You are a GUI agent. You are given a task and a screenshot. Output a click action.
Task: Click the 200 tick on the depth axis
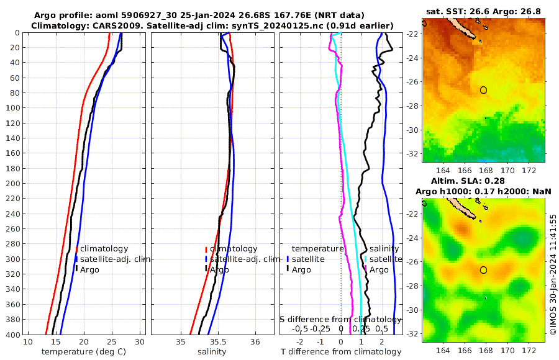click(14, 183)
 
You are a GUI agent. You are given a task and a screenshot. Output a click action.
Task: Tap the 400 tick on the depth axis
click(14, 335)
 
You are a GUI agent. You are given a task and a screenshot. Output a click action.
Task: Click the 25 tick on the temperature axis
click(112, 342)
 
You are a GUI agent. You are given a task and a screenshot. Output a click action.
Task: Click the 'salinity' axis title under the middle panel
click(211, 352)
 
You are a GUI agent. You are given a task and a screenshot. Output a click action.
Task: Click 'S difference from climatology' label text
click(340, 319)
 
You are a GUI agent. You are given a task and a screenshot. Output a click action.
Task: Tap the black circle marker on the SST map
click(484, 90)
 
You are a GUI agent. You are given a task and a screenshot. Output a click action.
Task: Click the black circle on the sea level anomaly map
click(484, 270)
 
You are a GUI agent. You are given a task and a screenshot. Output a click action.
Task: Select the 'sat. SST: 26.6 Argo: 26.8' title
click(483, 11)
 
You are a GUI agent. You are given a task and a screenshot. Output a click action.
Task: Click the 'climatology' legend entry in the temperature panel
click(103, 249)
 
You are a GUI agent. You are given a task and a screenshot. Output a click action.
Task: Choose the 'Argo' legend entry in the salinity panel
click(219, 269)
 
